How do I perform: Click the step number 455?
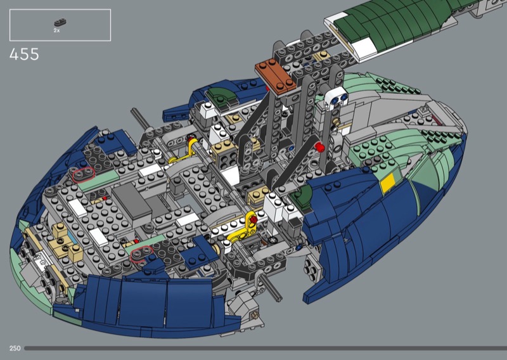(x=24, y=55)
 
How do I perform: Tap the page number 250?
(x=15, y=349)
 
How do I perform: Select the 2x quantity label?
(x=56, y=30)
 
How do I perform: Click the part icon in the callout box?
(x=60, y=23)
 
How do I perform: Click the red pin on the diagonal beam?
(x=319, y=147)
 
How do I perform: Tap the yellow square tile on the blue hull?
(x=387, y=183)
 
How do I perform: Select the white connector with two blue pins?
(x=337, y=98)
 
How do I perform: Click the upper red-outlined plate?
(x=84, y=175)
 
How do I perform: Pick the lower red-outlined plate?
(x=142, y=252)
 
